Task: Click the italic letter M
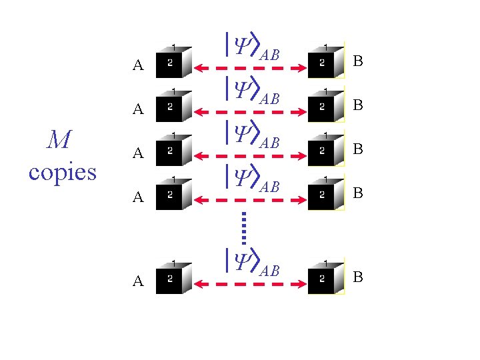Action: (x=60, y=140)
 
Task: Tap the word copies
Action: (x=63, y=172)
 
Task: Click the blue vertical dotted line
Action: (x=244, y=227)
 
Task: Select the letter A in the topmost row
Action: (x=138, y=65)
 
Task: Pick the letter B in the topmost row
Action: (x=358, y=62)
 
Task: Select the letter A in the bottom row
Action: (x=138, y=281)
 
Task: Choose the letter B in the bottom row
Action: (x=358, y=277)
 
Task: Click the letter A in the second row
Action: (x=138, y=109)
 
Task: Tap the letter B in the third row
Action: (x=358, y=149)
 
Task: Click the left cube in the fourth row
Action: (x=173, y=193)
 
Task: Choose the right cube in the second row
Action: (x=325, y=105)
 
